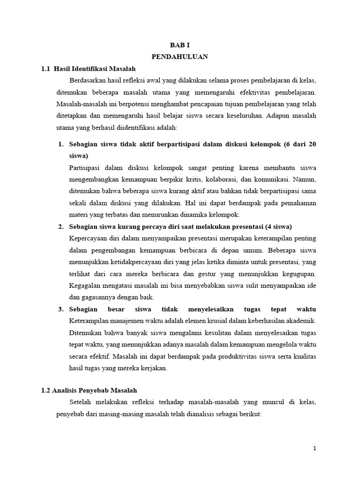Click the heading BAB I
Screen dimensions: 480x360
180,46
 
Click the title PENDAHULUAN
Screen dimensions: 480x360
180,57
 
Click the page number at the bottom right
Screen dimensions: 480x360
315,449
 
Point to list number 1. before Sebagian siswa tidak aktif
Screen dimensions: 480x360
61,144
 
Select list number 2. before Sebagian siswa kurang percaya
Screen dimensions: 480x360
61,227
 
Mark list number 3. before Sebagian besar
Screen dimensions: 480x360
61,309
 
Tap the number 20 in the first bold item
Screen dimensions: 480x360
312,144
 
